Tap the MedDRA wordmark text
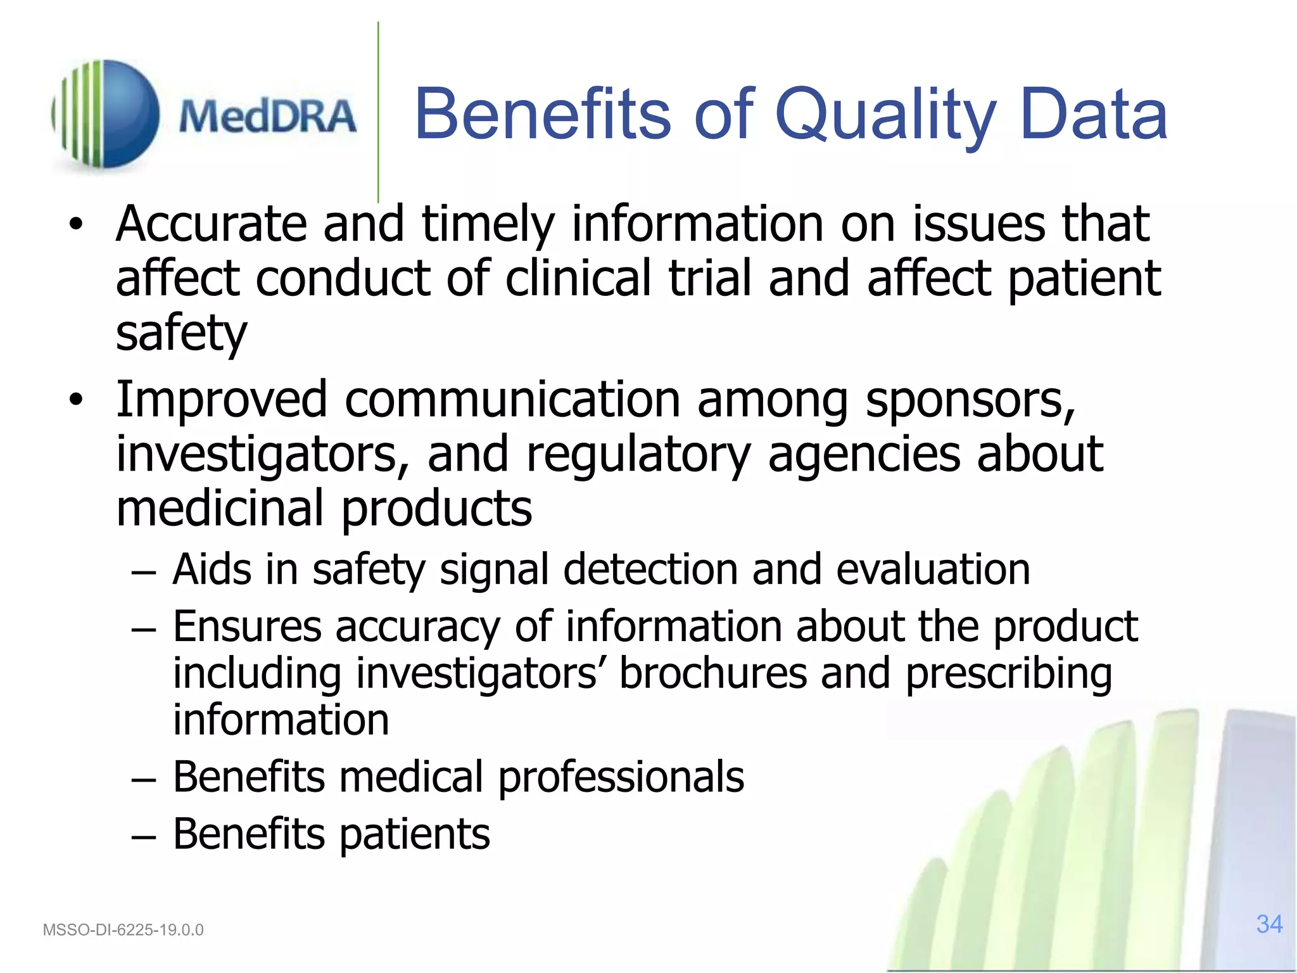(x=267, y=117)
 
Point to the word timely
(x=488, y=226)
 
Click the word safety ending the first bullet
(x=181, y=333)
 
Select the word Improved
(x=221, y=401)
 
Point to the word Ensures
(x=247, y=626)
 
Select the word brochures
(x=713, y=673)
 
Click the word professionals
(x=621, y=777)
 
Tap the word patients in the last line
(x=415, y=834)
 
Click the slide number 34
(x=1269, y=924)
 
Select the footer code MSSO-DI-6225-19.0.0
(x=123, y=930)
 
